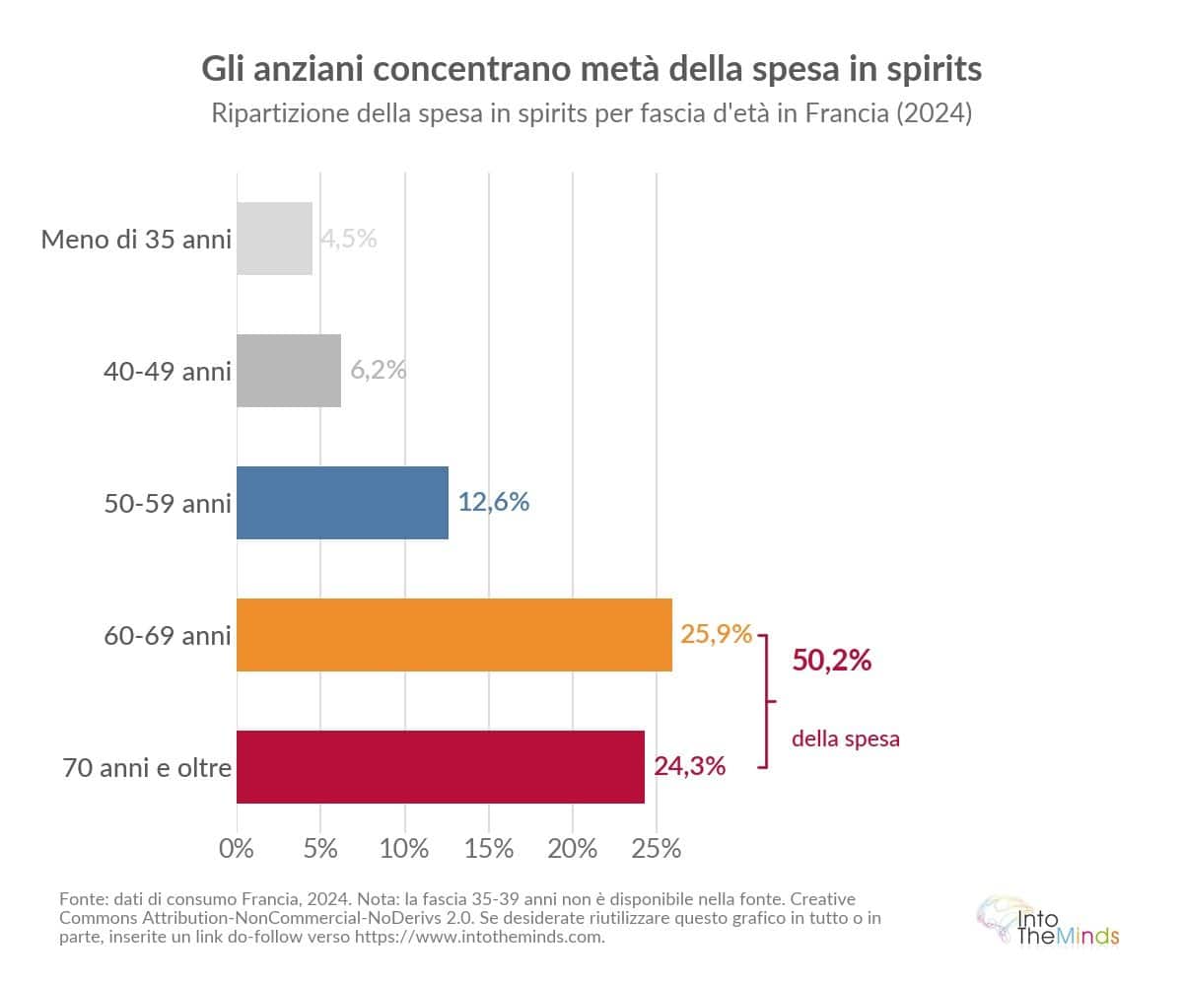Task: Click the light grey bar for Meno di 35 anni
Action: coord(274,239)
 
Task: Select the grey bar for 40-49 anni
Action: coord(289,371)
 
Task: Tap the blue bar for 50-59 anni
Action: coord(342,503)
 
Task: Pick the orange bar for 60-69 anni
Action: coord(453,635)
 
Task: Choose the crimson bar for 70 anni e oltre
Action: coord(440,767)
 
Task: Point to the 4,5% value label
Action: coord(349,239)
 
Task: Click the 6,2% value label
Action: coord(379,371)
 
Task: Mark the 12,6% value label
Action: coord(494,502)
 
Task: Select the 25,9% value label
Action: coord(717,634)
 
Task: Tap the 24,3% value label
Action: coord(690,765)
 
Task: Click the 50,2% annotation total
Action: coord(832,661)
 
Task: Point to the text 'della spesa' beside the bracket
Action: coord(846,739)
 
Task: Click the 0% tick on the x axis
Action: coord(237,848)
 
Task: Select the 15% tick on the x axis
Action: coord(490,848)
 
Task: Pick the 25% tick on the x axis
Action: coord(658,848)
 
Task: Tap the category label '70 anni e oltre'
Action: coord(147,767)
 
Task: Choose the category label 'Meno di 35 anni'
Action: coord(136,239)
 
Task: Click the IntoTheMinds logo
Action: coord(1047,922)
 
